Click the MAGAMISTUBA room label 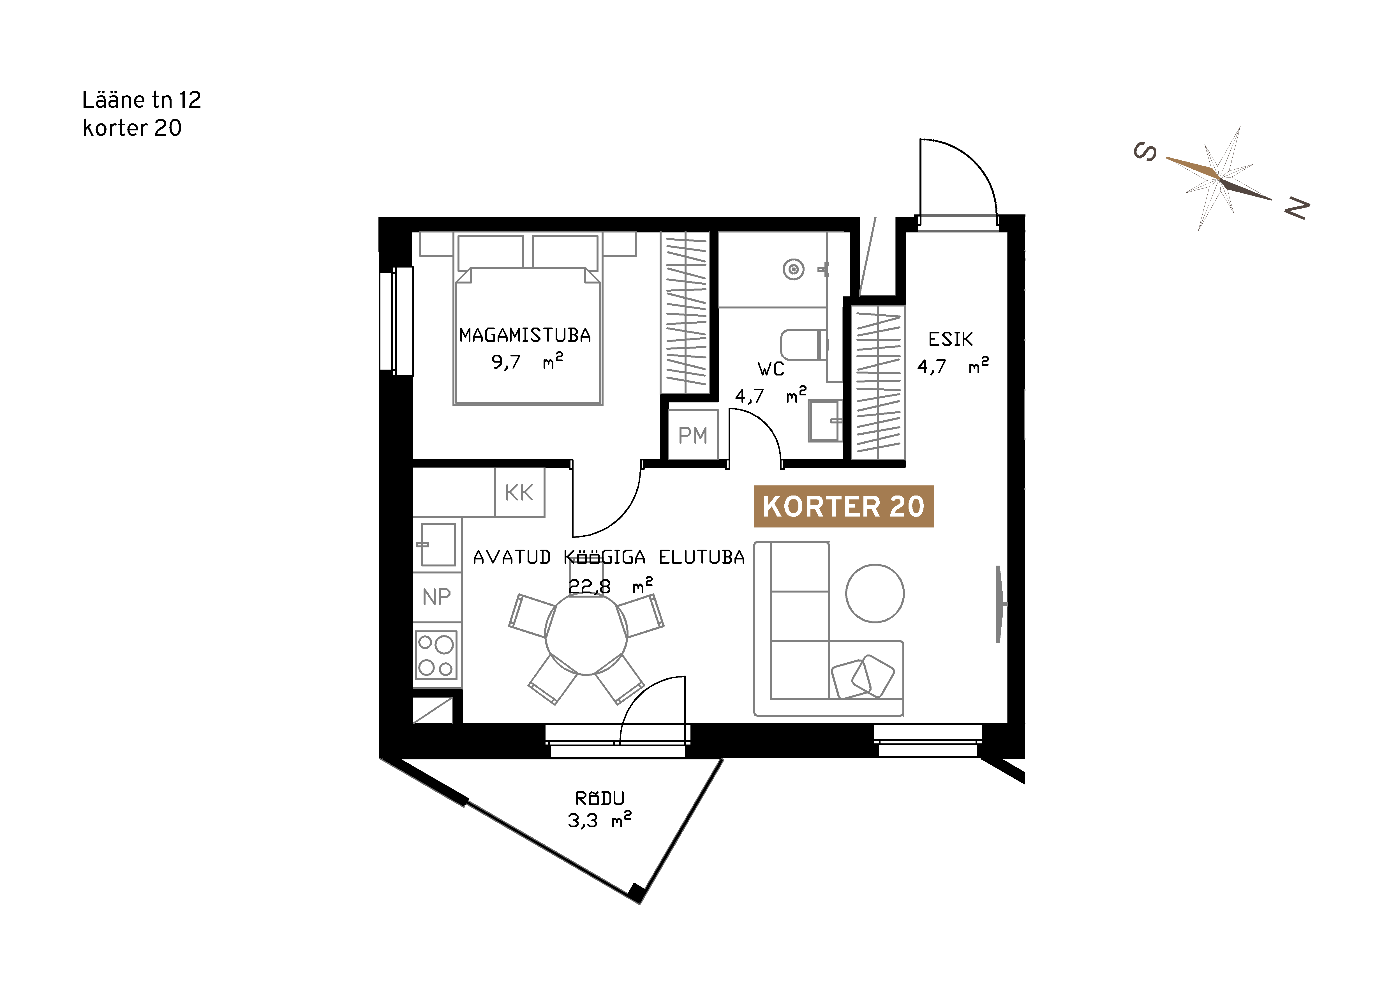pos(525,335)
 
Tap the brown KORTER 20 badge pos(843,506)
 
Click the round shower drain pos(794,269)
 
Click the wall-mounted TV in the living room pos(1000,604)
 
